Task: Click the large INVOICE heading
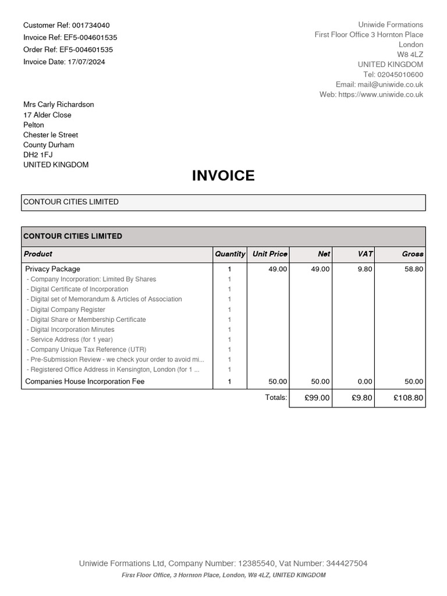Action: coord(223,176)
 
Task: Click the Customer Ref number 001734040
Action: coord(91,26)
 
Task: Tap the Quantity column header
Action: coord(230,254)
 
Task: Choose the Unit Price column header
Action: coord(269,254)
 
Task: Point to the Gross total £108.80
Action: coord(408,398)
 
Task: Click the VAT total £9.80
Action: coord(362,398)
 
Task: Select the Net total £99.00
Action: coord(317,398)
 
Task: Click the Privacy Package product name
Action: coord(53,269)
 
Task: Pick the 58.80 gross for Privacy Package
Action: coord(414,269)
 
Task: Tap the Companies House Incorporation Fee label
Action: coord(85,382)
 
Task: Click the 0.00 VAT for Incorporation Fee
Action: coord(364,382)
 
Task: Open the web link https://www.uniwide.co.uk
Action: coord(381,95)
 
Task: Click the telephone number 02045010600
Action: coord(401,75)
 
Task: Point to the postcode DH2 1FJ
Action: coord(38,155)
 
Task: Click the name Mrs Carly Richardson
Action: coord(58,105)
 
